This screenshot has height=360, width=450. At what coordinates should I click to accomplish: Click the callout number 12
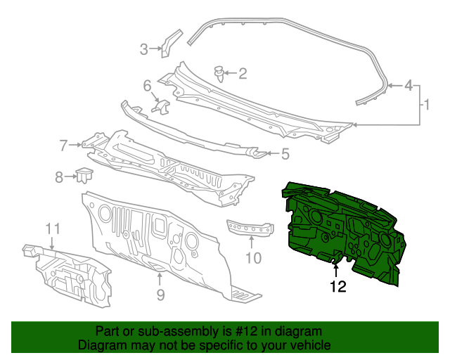point(338,286)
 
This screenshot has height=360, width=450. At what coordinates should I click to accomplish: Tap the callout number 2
point(243,73)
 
